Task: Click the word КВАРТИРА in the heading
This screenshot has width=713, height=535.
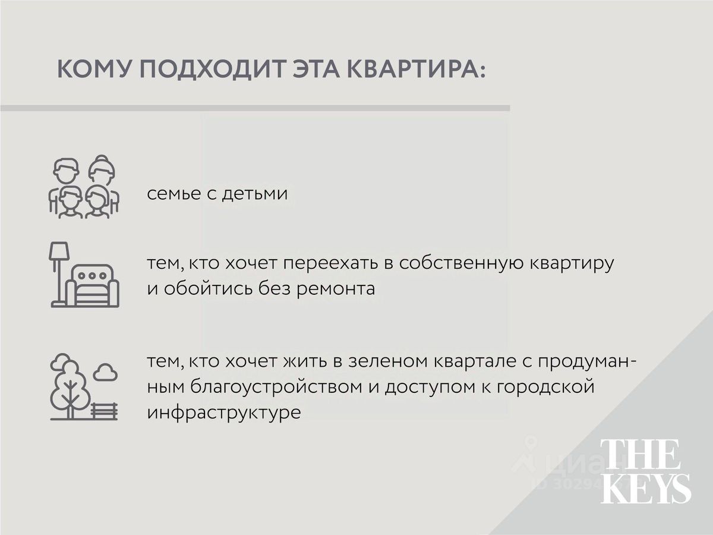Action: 417,69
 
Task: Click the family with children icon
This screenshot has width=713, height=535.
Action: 84,187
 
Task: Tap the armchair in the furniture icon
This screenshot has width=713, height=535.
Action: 93,285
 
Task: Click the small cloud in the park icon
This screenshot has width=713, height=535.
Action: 105,372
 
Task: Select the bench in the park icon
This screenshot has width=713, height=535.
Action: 103,411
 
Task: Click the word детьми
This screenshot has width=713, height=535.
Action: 255,194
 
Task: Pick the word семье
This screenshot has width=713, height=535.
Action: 173,194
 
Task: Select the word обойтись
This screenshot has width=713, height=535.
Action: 208,289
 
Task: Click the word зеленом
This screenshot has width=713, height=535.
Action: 388,361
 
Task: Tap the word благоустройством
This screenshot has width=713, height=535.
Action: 276,387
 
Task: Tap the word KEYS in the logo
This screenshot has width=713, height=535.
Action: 646,488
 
